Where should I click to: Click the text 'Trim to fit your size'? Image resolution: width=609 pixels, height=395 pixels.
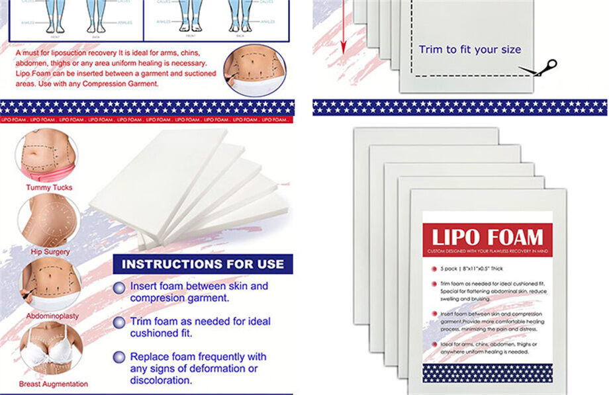pyautogui.click(x=469, y=50)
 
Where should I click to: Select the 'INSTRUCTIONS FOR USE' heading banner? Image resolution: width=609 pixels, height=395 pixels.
pyautogui.click(x=203, y=264)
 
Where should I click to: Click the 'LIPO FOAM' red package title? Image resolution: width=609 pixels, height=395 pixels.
pyautogui.click(x=488, y=237)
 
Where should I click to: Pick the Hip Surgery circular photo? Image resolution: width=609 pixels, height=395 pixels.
pyautogui.click(x=48, y=220)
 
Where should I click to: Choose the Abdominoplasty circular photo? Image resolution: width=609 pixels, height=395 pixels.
pyautogui.click(x=52, y=283)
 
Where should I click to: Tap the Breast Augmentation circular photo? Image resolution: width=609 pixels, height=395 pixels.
pyautogui.click(x=52, y=349)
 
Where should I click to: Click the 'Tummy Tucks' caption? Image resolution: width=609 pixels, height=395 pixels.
pyautogui.click(x=49, y=187)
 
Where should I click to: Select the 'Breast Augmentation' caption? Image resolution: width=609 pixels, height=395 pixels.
pyautogui.click(x=53, y=384)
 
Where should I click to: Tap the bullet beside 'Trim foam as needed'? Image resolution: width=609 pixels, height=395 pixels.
pyautogui.click(x=118, y=323)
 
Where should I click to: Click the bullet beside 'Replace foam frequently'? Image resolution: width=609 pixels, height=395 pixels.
pyautogui.click(x=118, y=357)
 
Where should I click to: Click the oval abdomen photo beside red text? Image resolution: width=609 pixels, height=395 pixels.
pyautogui.click(x=254, y=70)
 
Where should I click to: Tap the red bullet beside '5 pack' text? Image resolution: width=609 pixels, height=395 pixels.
pyautogui.click(x=434, y=269)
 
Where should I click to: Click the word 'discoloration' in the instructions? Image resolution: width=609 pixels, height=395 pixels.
pyautogui.click(x=161, y=380)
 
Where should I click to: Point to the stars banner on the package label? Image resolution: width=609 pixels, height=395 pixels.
pyautogui.click(x=487, y=373)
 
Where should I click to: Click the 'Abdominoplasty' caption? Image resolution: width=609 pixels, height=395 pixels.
pyautogui.click(x=52, y=316)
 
